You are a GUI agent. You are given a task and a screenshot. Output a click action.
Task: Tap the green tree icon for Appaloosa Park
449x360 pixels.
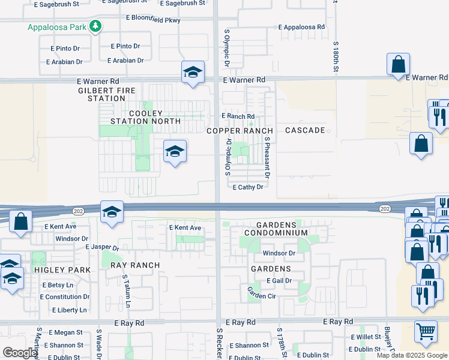[x=95, y=26]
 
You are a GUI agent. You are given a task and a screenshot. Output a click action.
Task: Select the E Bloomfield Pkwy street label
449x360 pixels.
[x=153, y=19]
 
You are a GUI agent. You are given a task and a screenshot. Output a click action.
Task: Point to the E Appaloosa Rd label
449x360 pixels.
[x=301, y=28]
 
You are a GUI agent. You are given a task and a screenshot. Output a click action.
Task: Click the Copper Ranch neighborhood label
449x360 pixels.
[x=240, y=131]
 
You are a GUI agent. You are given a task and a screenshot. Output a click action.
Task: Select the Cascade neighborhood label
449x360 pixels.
[x=305, y=130]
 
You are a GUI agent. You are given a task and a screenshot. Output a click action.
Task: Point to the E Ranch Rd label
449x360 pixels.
[x=238, y=116]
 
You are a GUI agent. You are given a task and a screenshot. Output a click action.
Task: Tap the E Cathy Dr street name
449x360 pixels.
[x=248, y=187]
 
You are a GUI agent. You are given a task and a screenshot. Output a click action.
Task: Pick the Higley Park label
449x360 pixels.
[x=62, y=270]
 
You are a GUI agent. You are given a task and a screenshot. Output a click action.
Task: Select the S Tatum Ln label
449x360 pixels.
[x=125, y=292]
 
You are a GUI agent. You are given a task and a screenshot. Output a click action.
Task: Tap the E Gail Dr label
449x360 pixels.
[x=280, y=280]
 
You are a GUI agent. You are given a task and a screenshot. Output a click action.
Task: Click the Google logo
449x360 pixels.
[x=20, y=353]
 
